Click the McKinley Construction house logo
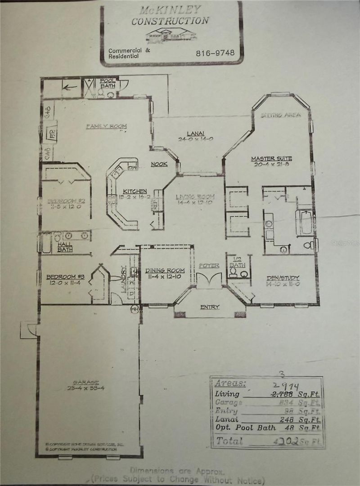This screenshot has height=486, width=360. point(169,35)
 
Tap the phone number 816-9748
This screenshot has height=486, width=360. point(215,53)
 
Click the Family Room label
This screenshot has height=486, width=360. point(106,126)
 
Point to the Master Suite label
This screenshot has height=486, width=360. point(271,159)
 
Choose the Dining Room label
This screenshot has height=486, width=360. point(165,270)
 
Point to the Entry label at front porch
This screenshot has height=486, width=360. point(210,307)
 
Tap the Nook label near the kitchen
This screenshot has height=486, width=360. point(159,164)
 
